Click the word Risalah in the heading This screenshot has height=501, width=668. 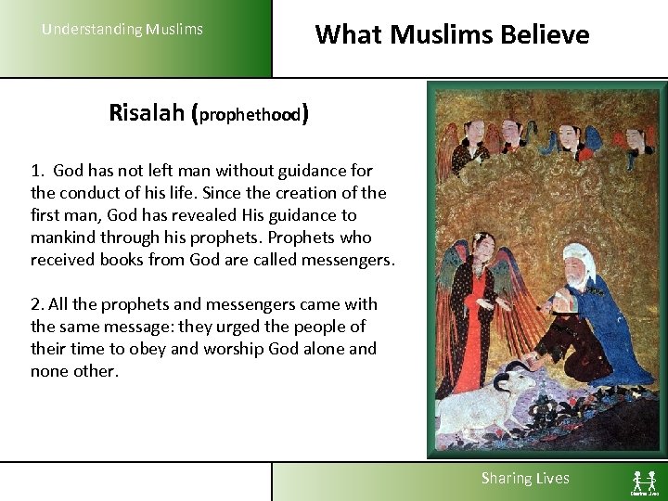[146, 113]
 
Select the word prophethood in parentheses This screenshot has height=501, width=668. [249, 116]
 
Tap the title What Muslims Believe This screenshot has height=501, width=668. [452, 34]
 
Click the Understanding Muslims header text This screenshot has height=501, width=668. [122, 29]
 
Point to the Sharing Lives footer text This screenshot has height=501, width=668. [524, 478]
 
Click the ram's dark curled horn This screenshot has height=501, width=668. [505, 381]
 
